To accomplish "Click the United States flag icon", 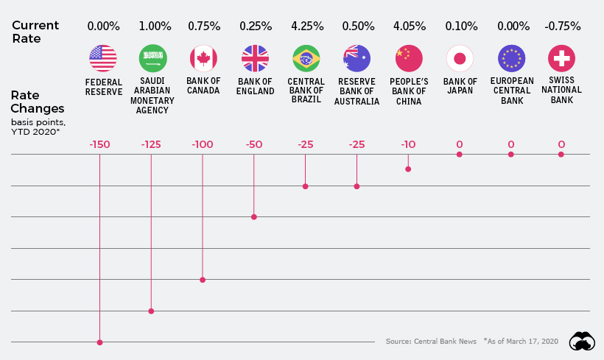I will tap(103, 58).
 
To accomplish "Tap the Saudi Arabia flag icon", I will tap(153, 58).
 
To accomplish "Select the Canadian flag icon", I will tap(203, 58).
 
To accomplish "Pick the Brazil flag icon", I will tap(306, 58).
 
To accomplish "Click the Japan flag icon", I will tap(460, 58).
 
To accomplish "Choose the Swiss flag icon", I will tap(562, 58).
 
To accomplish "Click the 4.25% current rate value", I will tap(306, 26).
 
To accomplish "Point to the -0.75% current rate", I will tap(564, 26).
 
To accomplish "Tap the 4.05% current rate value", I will tap(409, 26).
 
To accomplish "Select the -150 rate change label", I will tap(99, 144).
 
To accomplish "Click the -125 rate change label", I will tap(151, 144).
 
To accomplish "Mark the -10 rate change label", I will tap(408, 144).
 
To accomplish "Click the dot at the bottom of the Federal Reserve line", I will tap(99, 342).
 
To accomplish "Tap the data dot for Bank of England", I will tap(254, 217).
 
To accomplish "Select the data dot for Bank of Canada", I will tap(203, 280).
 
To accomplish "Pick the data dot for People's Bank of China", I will tap(408, 169).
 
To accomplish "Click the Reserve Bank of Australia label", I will tap(357, 92).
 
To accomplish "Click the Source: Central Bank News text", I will tap(431, 342).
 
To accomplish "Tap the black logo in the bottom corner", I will tap(583, 342).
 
